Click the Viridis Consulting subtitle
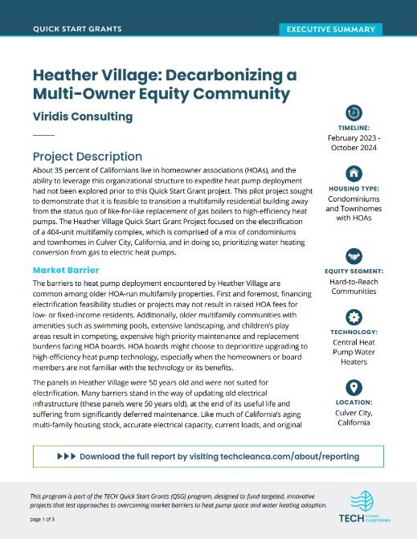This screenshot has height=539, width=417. pos(83,116)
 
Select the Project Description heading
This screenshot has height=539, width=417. pos(88,156)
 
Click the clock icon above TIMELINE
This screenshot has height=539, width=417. pos(354,112)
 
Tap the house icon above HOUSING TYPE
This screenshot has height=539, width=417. pos(354,173)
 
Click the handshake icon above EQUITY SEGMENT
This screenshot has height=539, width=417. pos(354,256)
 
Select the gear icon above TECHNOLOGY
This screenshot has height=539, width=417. pos(354,316)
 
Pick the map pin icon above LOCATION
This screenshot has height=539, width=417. pos(354,388)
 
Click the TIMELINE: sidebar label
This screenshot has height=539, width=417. pos(354,128)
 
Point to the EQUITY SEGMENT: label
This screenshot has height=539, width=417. pos(354,272)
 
